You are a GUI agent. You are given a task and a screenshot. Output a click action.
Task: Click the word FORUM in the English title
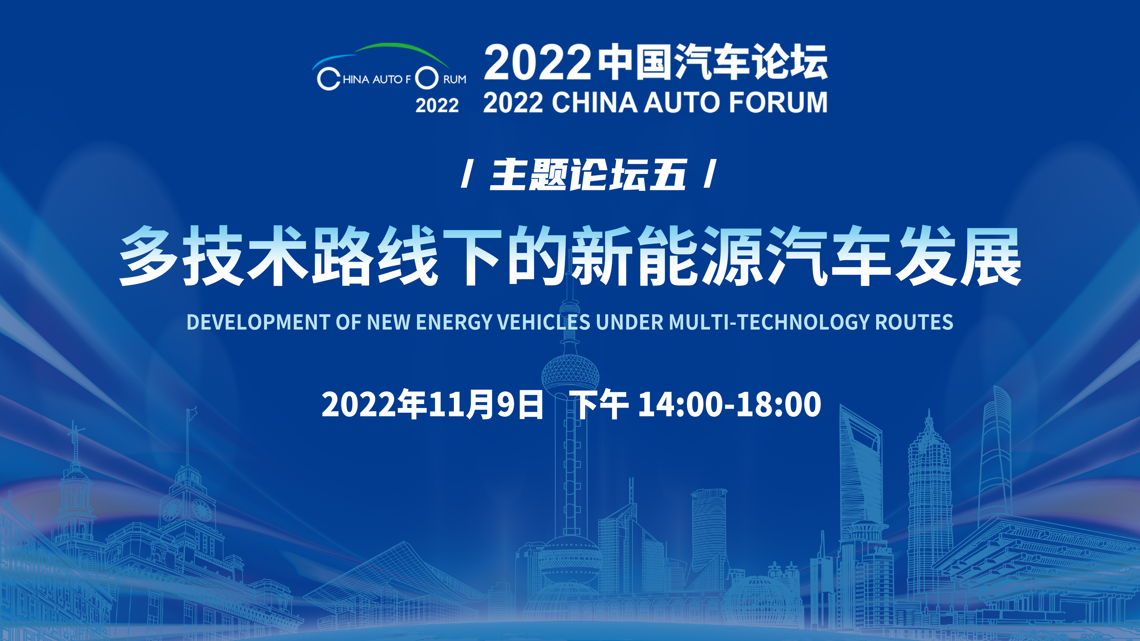(778, 102)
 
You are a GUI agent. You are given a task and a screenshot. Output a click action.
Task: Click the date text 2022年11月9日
(432, 404)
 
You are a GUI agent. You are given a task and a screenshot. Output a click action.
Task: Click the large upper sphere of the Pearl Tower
(570, 374)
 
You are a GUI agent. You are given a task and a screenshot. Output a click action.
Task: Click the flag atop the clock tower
(192, 414)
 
